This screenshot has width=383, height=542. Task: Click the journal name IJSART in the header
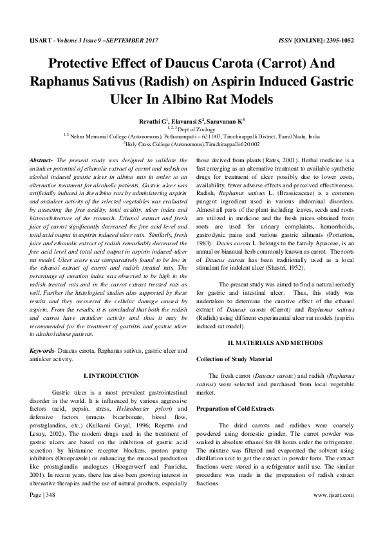(34, 39)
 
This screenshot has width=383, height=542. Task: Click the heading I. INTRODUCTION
(111, 375)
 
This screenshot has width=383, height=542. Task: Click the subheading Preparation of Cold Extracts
(235, 409)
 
